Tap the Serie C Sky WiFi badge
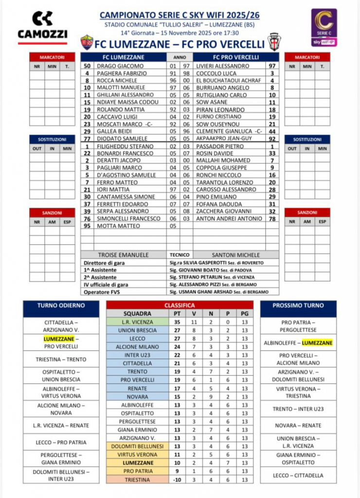(x=324, y=27)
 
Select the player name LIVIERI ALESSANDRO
(x=222, y=66)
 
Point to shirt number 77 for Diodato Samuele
(x=87, y=138)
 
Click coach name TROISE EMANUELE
(x=124, y=255)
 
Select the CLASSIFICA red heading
(x=180, y=305)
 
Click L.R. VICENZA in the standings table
(x=138, y=322)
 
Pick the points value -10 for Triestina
(x=178, y=480)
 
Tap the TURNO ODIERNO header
(x=61, y=305)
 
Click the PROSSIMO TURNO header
(x=298, y=305)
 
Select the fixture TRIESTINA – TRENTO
(x=61, y=359)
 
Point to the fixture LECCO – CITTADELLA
(x=298, y=475)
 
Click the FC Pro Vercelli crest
(x=274, y=42)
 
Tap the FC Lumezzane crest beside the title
(x=87, y=43)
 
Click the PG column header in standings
(x=244, y=314)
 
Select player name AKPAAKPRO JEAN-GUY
(x=224, y=138)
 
